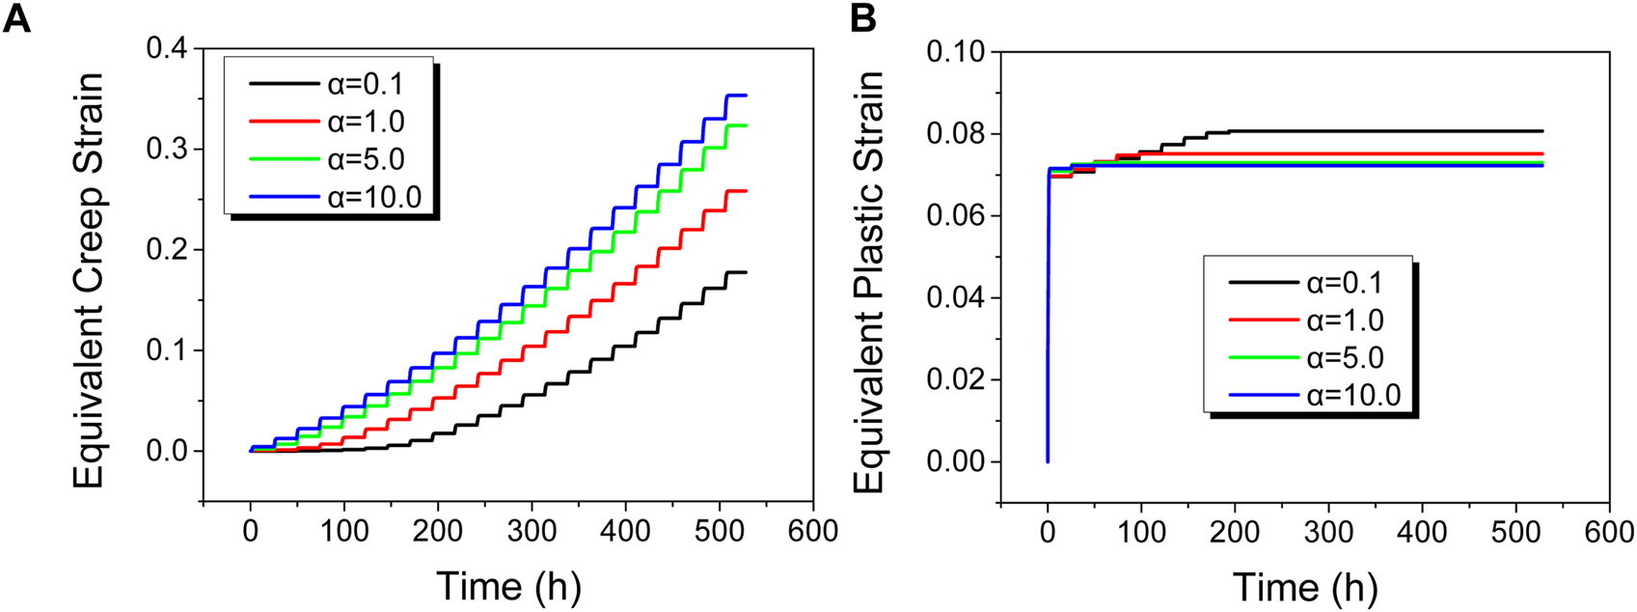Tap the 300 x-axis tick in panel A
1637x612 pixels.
pyautogui.click(x=532, y=532)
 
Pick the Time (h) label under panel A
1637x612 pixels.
pyautogui.click(x=508, y=586)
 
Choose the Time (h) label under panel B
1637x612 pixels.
pyautogui.click(x=1304, y=586)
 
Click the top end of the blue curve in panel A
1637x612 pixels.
pyautogui.click(x=745, y=96)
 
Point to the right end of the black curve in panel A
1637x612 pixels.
pyautogui.click(x=746, y=272)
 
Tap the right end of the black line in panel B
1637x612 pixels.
pyautogui.click(x=1542, y=131)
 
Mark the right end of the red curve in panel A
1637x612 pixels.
pyautogui.click(x=746, y=191)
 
